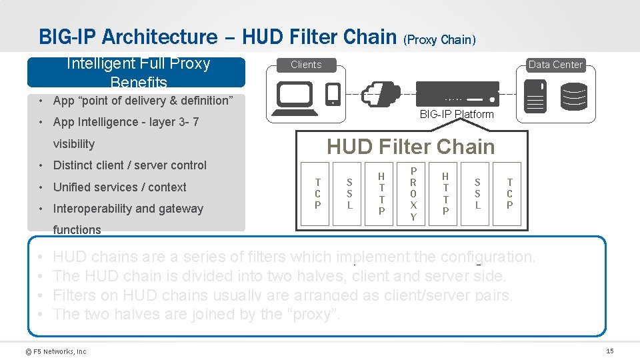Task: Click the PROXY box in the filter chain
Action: tap(413, 194)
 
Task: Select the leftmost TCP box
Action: tap(317, 193)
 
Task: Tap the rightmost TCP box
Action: tap(509, 193)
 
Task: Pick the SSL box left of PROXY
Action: tap(349, 193)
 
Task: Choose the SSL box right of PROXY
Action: tap(477, 193)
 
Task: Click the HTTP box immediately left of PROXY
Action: tap(381, 193)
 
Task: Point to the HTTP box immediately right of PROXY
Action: tap(445, 193)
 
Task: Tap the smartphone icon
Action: tap(333, 94)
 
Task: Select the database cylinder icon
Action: tap(574, 96)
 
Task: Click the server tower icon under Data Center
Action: tap(535, 95)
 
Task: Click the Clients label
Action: tap(306, 65)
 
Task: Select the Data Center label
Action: tap(555, 65)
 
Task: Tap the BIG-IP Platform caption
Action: tap(457, 114)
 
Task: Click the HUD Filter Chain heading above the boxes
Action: tap(411, 147)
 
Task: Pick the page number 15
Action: tap(609, 351)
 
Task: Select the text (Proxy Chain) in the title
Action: tap(439, 39)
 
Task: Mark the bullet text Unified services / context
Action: tap(119, 187)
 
